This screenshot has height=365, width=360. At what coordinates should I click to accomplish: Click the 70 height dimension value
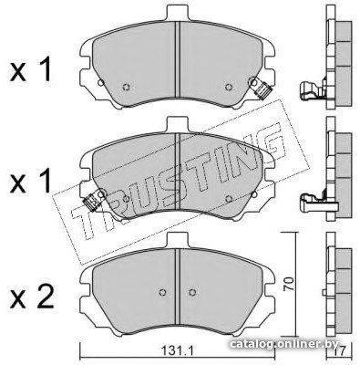click(x=289, y=284)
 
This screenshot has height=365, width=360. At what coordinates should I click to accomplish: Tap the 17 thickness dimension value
click(x=340, y=352)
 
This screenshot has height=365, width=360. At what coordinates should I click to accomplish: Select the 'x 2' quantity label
click(x=32, y=296)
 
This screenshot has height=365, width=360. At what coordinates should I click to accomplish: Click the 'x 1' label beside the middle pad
click(x=30, y=182)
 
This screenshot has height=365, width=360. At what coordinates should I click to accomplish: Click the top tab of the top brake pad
click(x=178, y=14)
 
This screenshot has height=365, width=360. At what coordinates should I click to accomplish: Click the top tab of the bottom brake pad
click(x=178, y=241)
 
